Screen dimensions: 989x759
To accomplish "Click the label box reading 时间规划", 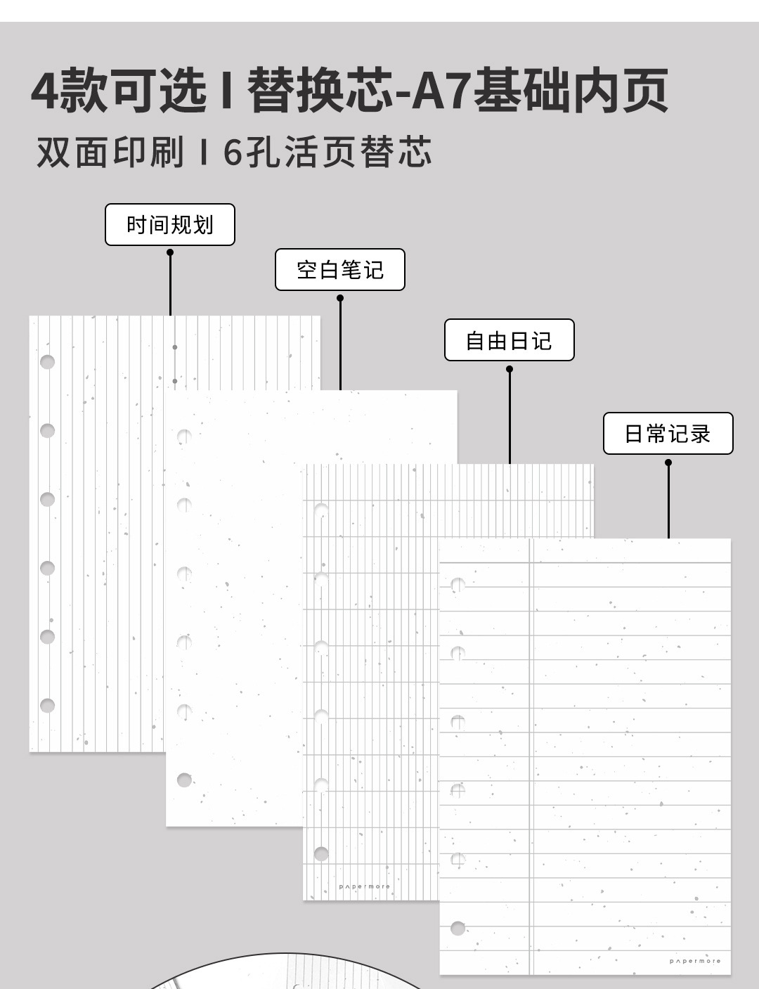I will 169,225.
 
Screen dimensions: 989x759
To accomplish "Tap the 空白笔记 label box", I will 339,269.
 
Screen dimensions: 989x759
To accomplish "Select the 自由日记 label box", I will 509,340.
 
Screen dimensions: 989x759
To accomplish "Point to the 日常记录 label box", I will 668,433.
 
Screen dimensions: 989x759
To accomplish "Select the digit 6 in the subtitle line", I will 233,152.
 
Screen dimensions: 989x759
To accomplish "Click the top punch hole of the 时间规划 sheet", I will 47,362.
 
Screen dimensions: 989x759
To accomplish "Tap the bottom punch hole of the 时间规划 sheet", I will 47,705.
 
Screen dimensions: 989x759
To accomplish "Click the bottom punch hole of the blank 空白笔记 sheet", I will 184,780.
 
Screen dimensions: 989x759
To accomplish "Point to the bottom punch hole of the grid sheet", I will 321,853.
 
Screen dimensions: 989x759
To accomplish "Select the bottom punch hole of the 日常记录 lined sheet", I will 458,928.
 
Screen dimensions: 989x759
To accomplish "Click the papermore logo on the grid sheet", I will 364,887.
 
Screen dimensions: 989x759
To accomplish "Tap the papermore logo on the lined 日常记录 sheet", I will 694,961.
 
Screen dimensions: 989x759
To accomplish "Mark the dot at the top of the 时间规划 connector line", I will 170,252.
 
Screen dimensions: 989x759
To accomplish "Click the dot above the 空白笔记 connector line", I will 340,298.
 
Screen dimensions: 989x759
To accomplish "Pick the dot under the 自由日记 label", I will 510,369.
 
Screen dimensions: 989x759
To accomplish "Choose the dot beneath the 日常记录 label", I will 668,463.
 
